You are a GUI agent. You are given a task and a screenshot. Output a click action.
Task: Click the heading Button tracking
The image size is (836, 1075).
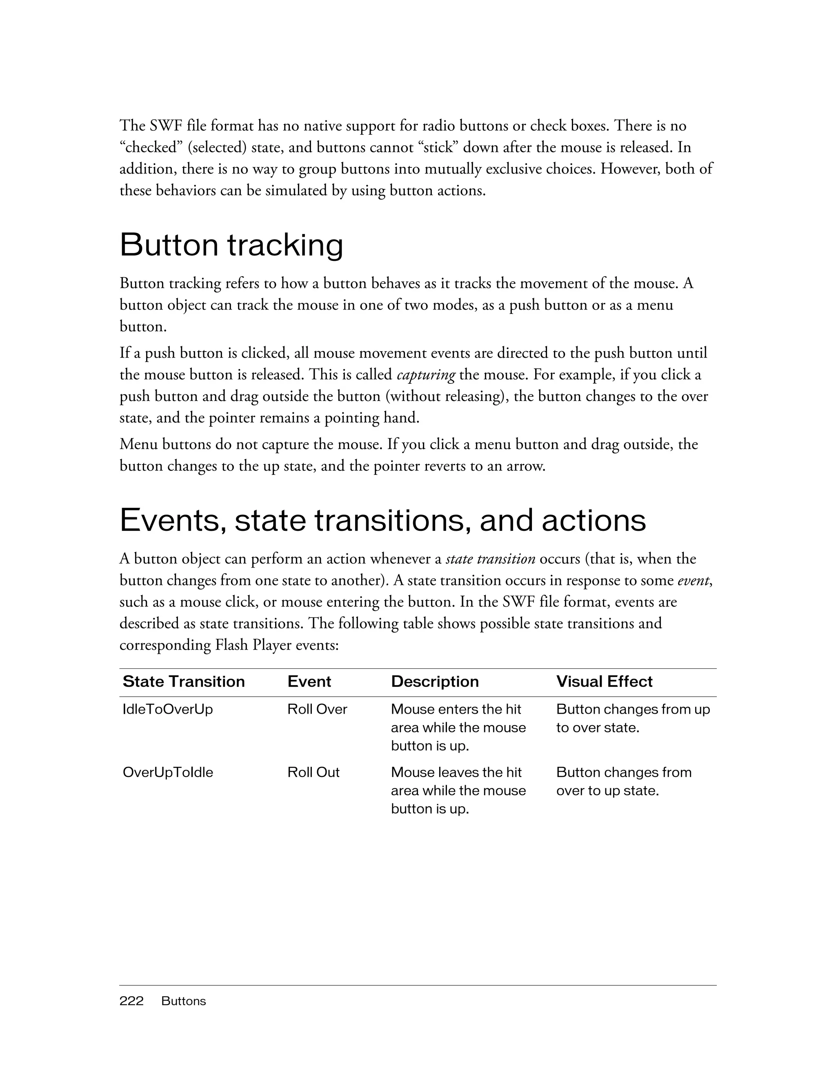231,245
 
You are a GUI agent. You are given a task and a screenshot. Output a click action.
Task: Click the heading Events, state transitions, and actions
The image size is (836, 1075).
382,520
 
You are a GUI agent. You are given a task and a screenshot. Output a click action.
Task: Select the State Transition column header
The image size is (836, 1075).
184,681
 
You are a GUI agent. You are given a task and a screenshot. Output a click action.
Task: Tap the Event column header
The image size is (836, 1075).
309,681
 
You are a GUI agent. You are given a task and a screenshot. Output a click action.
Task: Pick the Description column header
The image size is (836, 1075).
434,681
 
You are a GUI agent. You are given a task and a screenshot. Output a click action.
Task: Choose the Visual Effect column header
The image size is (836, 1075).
604,681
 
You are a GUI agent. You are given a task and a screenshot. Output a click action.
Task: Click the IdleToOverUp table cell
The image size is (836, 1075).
168,709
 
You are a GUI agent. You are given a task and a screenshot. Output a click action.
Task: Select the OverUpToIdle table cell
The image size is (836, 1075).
168,772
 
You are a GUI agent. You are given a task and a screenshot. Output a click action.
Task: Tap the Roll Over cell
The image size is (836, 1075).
317,709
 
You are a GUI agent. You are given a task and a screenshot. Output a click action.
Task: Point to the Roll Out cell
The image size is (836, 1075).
313,772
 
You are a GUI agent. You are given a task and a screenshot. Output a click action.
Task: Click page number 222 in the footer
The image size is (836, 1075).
131,1001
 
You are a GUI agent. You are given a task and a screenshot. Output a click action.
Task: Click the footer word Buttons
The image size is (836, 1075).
184,1001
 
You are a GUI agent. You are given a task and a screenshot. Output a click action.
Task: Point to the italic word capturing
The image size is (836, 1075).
426,375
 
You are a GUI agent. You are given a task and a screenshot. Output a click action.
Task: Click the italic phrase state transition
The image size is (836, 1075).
490,559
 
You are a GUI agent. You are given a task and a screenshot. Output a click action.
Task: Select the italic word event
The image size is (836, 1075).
694,581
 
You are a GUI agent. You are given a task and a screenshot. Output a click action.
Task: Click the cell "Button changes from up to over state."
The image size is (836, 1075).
633,718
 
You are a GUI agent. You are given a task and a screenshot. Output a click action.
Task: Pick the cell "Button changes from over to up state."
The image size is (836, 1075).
623,781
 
